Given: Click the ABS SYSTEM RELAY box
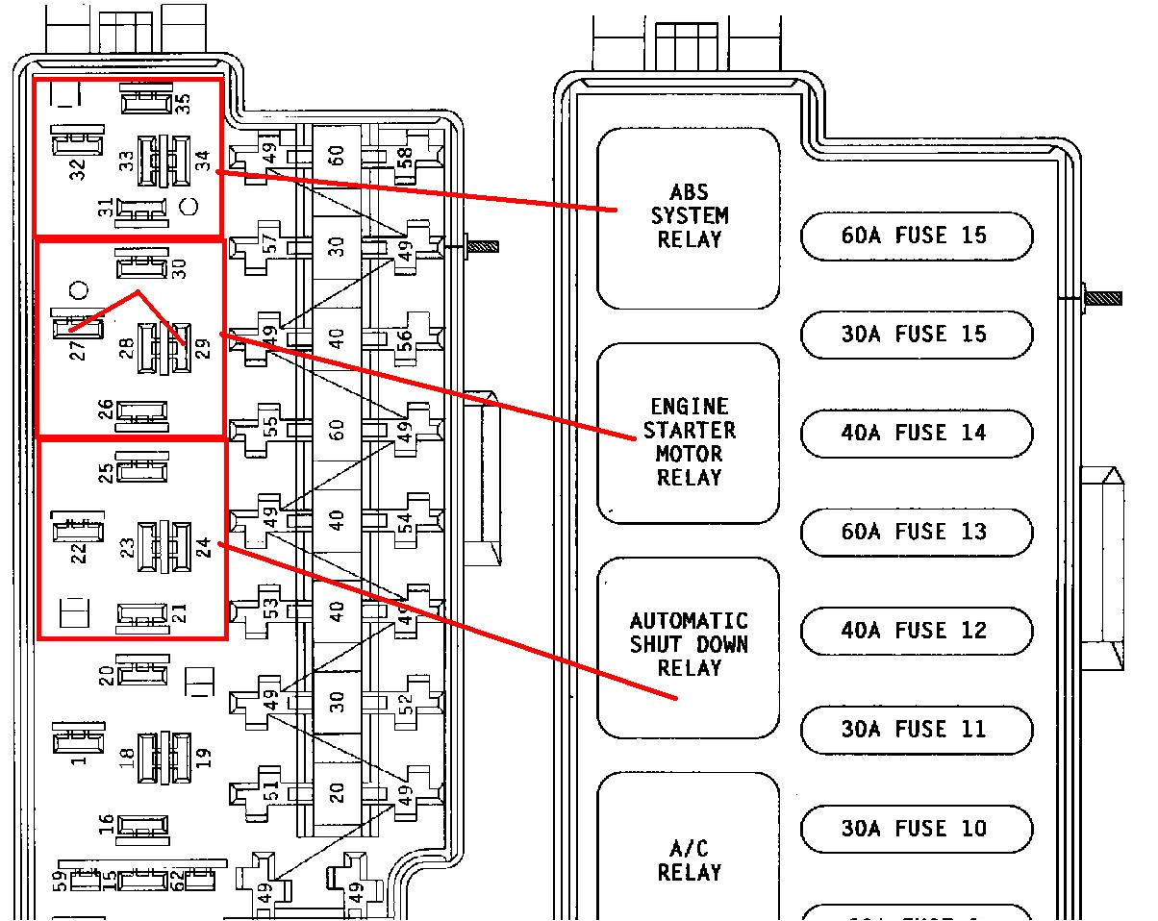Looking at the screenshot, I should click(688, 217).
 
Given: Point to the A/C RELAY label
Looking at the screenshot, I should click(689, 859).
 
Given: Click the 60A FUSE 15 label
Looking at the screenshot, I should click(916, 236).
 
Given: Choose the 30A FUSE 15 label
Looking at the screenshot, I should click(916, 335).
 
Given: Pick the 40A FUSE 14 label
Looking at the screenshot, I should click(916, 434).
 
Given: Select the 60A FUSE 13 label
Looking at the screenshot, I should click(916, 533).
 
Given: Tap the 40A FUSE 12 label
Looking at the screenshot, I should click(916, 632).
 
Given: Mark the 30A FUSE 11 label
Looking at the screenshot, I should click(916, 730).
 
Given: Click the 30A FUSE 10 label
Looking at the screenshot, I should click(916, 829).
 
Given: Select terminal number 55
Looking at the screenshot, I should click(271, 428).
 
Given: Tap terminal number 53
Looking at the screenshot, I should click(271, 610).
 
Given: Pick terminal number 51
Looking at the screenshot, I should click(271, 791).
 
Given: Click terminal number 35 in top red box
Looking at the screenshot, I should click(184, 100).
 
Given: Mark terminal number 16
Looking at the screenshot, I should click(107, 824).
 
